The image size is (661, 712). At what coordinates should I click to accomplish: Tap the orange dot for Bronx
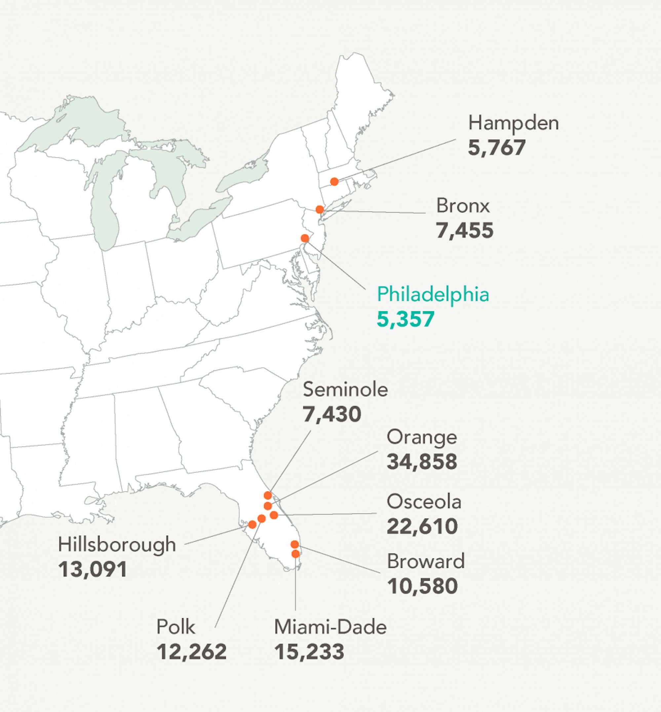point(320,209)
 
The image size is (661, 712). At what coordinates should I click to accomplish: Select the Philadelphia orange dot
point(305,238)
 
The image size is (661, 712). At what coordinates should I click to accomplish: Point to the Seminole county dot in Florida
point(268,495)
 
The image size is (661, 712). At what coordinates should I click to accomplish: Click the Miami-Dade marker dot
point(295,554)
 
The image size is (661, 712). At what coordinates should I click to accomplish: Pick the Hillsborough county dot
point(252,525)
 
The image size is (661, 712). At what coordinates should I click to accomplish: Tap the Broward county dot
point(294,544)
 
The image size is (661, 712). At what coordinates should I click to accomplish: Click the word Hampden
point(513,123)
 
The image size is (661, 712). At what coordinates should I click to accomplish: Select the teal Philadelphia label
point(433,294)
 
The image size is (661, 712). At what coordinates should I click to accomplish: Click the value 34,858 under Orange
point(422,461)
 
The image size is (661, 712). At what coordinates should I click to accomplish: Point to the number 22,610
point(422,526)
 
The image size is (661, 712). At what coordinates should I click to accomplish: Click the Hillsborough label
point(117,545)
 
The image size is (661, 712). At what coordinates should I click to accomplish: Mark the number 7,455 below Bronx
point(465,230)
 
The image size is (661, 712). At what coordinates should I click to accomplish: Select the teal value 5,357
point(406,319)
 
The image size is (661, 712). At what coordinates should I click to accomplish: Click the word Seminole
point(345,390)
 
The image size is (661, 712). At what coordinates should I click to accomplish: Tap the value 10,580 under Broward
point(422,586)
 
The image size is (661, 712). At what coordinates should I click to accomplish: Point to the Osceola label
point(424,502)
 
